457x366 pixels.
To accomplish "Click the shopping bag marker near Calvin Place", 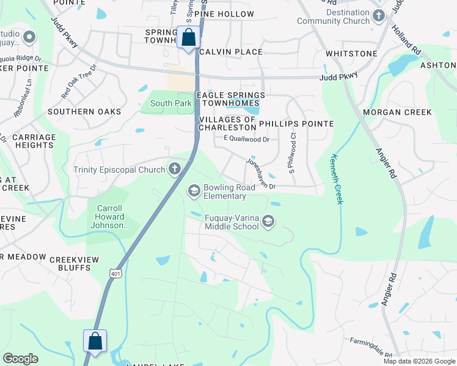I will (x=189, y=37).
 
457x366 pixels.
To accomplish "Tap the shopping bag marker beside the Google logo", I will (x=95, y=340).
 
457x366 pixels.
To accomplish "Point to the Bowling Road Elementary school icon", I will (x=194, y=191).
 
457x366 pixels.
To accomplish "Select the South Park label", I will (x=170, y=104).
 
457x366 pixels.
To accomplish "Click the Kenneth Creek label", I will (x=337, y=179).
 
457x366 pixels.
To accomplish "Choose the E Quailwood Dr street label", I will (x=246, y=139).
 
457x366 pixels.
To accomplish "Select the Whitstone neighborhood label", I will (x=351, y=54).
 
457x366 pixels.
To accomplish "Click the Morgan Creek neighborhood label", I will (x=397, y=112).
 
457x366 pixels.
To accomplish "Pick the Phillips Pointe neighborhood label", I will (x=296, y=124).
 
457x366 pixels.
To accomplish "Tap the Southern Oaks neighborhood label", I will (x=81, y=112).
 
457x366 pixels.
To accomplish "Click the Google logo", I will (x=20, y=359).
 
